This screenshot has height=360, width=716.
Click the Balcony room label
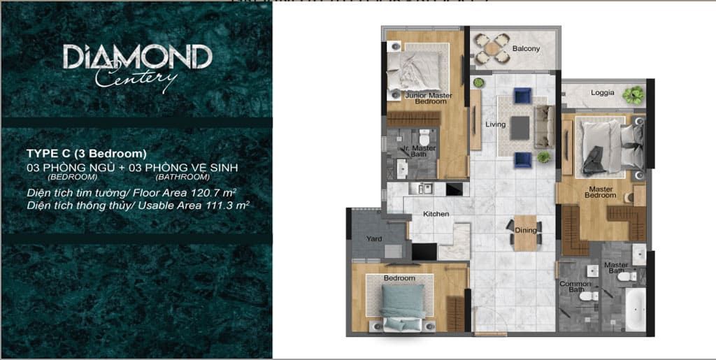(526, 48)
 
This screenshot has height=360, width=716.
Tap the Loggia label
(602, 93)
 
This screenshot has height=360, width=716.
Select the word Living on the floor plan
(496, 124)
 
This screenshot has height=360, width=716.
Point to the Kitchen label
(436, 213)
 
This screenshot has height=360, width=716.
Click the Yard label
(374, 238)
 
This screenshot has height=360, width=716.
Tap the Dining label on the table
(526, 231)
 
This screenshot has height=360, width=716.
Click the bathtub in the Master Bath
(635, 309)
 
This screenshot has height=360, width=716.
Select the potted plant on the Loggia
(633, 95)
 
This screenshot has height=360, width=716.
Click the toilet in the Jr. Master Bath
(424, 136)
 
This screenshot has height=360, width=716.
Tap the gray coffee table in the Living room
(520, 128)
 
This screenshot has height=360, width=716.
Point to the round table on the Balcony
(492, 48)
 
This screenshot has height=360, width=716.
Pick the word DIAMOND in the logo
(138, 57)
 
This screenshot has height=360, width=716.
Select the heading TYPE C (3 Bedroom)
(86, 153)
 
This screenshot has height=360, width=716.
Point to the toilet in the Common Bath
(589, 296)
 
